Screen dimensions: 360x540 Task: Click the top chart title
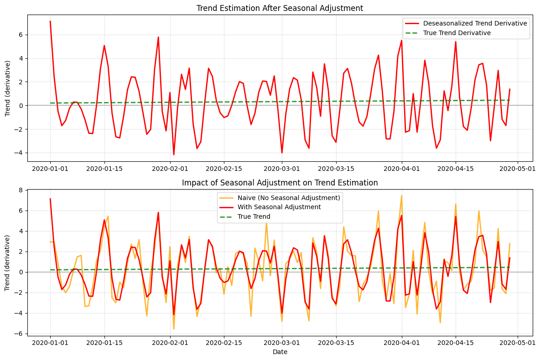[x=280, y=8]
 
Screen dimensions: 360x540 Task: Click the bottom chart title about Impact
[x=280, y=183]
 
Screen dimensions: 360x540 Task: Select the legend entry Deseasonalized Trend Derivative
[x=475, y=23]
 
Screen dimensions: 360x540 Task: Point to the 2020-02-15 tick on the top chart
[x=224, y=168]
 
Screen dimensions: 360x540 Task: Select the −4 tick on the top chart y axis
[x=20, y=153]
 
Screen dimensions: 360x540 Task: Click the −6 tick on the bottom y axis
[x=20, y=334]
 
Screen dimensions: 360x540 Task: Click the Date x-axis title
[x=280, y=352]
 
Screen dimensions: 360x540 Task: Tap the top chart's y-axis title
[x=8, y=88]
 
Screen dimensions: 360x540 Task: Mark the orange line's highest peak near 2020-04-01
[x=401, y=196]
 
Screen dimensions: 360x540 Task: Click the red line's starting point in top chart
[x=50, y=21]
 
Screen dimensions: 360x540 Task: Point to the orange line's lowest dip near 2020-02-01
[x=174, y=329]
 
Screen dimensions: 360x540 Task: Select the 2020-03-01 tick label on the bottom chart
[x=281, y=342]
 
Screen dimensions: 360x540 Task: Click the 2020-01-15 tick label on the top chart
[x=104, y=168]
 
